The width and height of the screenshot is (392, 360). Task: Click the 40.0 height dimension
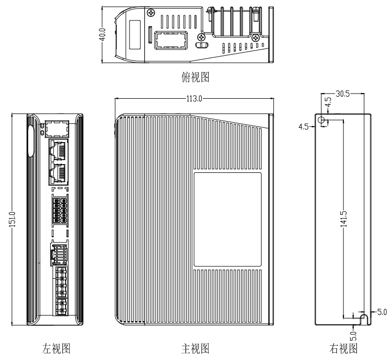[103, 34]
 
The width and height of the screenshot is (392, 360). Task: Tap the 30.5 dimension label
[341, 94]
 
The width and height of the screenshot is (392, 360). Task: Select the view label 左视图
[56, 349]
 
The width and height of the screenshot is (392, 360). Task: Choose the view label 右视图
[343, 349]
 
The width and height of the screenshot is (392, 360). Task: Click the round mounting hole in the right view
[321, 120]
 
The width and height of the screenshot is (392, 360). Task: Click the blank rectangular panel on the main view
[227, 219]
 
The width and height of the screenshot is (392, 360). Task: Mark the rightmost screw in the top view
[256, 37]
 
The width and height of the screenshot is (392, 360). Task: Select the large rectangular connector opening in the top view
[170, 41]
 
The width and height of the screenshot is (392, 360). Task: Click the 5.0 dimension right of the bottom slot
[382, 311]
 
